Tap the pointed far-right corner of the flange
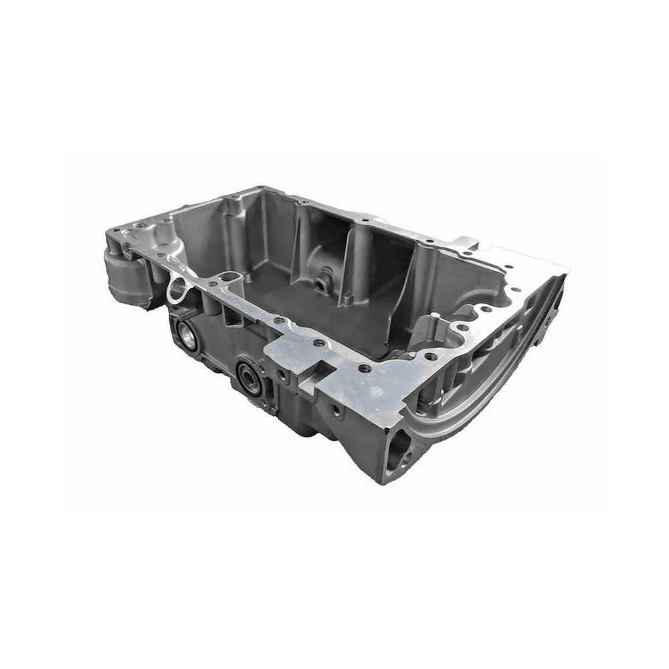569,268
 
